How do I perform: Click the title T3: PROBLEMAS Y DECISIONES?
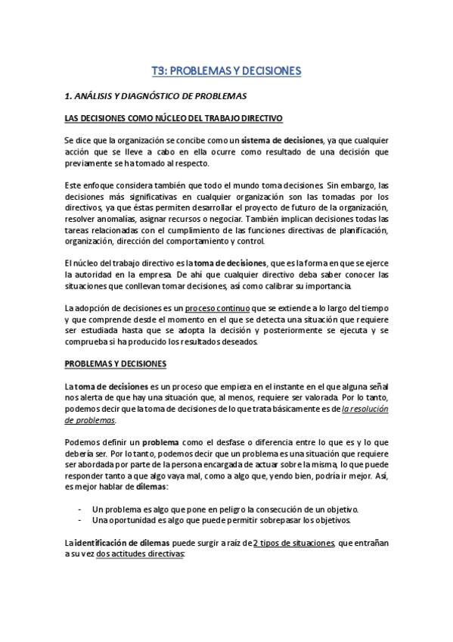coord(226,71)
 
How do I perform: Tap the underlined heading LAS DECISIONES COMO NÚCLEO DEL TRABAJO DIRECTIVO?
coord(174,119)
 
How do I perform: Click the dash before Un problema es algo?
coord(80,510)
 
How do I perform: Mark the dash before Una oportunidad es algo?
coord(80,521)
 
